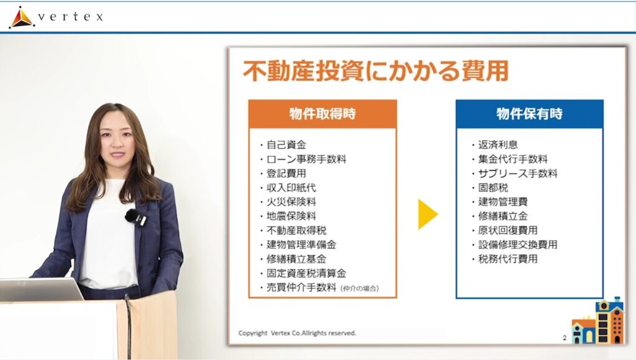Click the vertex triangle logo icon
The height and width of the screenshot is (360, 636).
(22, 17)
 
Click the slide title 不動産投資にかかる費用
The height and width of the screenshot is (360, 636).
(376, 71)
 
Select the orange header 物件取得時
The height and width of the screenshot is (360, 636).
(322, 114)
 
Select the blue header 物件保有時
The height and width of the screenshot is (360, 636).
(529, 114)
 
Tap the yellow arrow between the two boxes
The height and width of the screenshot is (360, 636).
(428, 214)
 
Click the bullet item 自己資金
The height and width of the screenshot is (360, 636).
(286, 145)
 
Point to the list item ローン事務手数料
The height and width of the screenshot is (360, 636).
(306, 159)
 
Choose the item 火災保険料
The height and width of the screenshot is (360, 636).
(291, 202)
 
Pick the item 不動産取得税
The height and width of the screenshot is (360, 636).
(296, 230)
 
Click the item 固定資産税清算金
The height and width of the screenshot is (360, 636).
(306, 273)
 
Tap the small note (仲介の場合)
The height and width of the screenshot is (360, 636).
(360, 289)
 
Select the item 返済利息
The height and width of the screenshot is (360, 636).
(497, 145)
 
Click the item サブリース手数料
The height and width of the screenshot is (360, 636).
(517, 174)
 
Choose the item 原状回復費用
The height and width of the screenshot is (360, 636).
(508, 230)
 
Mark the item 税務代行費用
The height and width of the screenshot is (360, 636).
(508, 259)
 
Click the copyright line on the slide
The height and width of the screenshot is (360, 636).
(298, 333)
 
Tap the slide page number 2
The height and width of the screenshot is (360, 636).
(565, 338)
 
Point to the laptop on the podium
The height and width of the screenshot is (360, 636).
(40, 289)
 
